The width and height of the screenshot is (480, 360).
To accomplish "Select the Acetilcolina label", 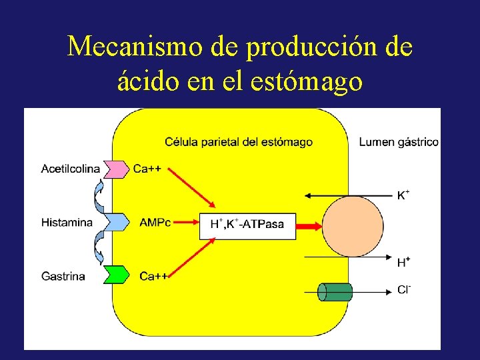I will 71,169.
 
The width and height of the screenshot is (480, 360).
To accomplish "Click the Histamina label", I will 67,222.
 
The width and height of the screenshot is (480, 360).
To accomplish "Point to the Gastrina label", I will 63,275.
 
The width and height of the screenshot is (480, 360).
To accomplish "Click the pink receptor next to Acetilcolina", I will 116,169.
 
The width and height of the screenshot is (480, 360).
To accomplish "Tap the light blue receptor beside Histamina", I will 116,222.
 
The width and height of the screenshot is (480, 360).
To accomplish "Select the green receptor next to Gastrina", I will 116,275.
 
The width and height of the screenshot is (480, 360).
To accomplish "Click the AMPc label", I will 155,222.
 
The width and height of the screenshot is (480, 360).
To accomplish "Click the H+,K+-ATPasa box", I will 247,225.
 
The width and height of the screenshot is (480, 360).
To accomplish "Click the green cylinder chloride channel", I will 335,291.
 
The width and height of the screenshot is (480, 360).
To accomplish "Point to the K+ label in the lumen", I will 403,195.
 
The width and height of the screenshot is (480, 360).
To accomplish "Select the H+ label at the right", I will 403,262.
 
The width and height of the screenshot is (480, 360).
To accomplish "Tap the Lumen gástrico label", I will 398,141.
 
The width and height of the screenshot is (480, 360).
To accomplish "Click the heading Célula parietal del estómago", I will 238,141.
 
